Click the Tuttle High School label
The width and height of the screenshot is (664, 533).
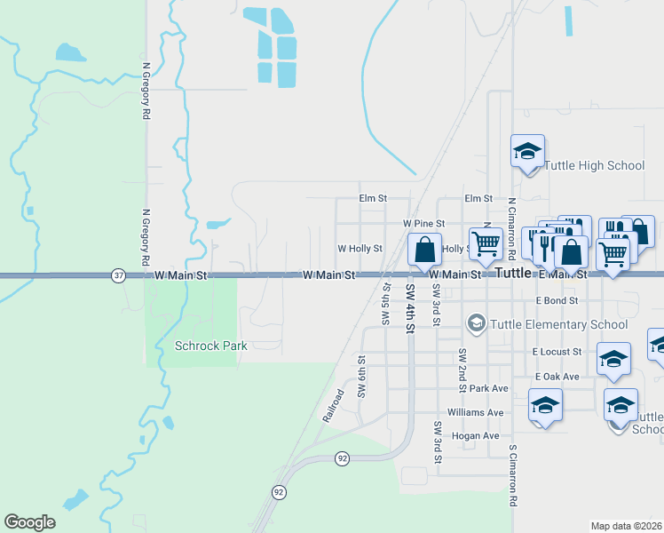click(593, 165)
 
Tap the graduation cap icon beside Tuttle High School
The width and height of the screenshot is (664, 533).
click(527, 151)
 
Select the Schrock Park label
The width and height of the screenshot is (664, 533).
click(210, 346)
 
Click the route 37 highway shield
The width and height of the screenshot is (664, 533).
click(119, 276)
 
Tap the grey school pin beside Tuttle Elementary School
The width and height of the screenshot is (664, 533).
click(477, 322)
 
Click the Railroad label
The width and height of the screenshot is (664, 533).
click(332, 404)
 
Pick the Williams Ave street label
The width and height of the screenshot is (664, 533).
click(475, 412)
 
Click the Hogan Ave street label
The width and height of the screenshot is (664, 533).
click(475, 435)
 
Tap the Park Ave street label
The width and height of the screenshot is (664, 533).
click(488, 388)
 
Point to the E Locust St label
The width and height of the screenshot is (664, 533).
click(557, 352)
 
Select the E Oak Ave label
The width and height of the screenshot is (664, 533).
click(556, 377)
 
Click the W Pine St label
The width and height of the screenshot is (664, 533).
click(423, 224)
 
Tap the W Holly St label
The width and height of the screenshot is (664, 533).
click(360, 249)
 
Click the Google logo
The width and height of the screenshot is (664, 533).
click(29, 522)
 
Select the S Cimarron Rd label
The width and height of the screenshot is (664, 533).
click(512, 475)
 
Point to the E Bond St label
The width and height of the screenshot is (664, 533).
click(557, 301)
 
